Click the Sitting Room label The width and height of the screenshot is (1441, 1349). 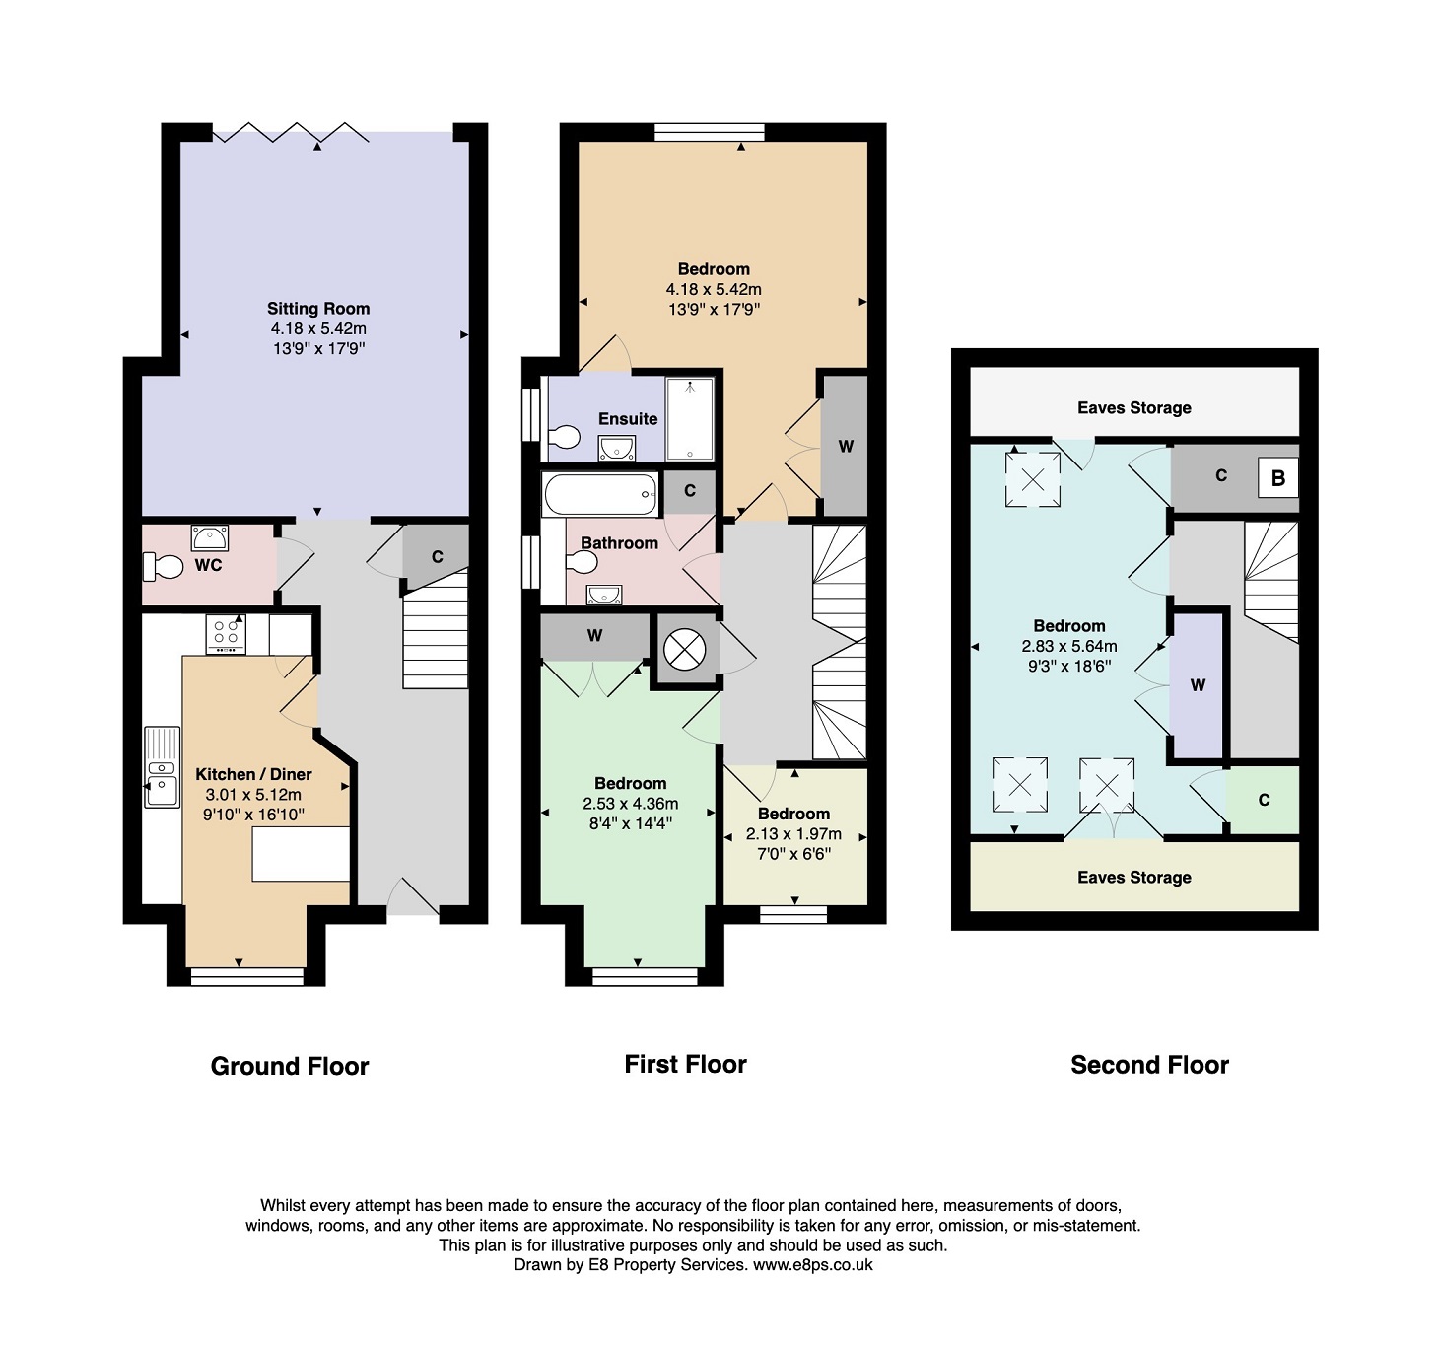[x=318, y=309]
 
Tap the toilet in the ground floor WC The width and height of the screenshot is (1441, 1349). [x=163, y=567]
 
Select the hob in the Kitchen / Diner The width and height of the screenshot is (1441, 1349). [x=226, y=634]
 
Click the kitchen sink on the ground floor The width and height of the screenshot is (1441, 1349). [x=163, y=767]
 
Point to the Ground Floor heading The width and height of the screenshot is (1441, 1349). [x=290, y=1066]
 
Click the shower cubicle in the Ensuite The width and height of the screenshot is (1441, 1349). [x=690, y=418]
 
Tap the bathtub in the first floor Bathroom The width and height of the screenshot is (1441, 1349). [x=601, y=494]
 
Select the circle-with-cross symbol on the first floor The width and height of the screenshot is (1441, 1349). [x=684, y=649]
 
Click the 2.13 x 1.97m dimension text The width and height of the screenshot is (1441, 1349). [x=793, y=834]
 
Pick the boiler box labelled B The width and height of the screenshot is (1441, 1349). [x=1278, y=477]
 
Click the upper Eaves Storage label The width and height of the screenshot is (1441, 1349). [x=1134, y=408]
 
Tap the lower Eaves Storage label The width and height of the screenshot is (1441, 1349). [x=1134, y=877]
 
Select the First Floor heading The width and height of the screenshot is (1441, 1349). [x=685, y=1064]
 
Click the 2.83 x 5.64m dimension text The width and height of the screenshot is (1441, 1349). [x=1069, y=646]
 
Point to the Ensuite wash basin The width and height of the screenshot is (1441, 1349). [x=617, y=449]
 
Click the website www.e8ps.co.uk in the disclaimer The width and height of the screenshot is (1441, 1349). [x=812, y=1265]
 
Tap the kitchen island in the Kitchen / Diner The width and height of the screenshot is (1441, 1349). [x=302, y=854]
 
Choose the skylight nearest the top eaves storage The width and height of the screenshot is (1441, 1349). [x=1033, y=479]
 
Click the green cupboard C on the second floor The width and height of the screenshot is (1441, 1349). [x=1264, y=800]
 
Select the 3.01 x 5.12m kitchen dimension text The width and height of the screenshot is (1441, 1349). [x=253, y=794]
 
